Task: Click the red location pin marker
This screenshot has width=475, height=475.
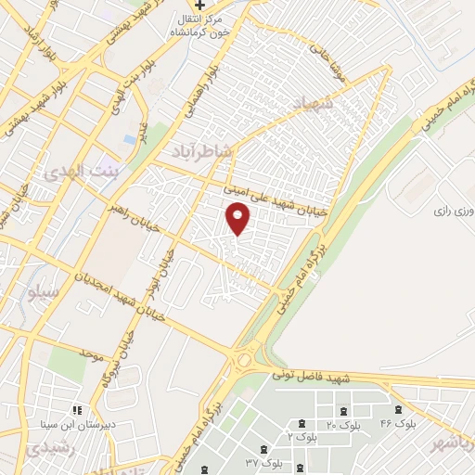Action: pos(238,218)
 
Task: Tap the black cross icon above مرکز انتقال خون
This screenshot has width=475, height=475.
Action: pos(199,6)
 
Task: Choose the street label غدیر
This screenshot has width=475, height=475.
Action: pos(144,129)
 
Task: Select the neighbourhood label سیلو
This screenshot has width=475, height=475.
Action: pos(44,293)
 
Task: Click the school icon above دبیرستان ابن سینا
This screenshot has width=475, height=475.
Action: pos(76,408)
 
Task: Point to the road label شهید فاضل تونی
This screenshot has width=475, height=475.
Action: pos(309,377)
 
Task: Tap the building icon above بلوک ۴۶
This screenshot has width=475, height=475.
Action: pos(399,409)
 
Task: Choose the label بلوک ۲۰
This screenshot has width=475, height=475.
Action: pos(343,424)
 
